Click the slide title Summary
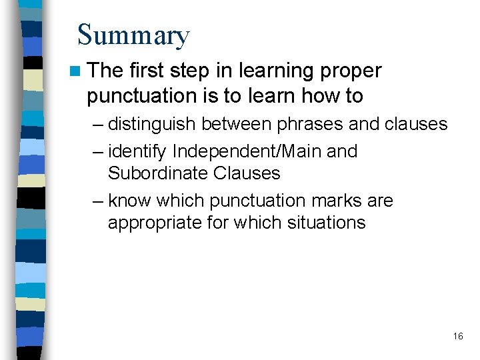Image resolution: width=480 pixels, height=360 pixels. pos(133,35)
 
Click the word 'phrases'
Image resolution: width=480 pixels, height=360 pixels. pos(301,125)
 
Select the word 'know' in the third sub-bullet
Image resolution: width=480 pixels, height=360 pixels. pos(128,201)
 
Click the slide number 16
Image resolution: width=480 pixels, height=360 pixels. pos(457,336)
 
